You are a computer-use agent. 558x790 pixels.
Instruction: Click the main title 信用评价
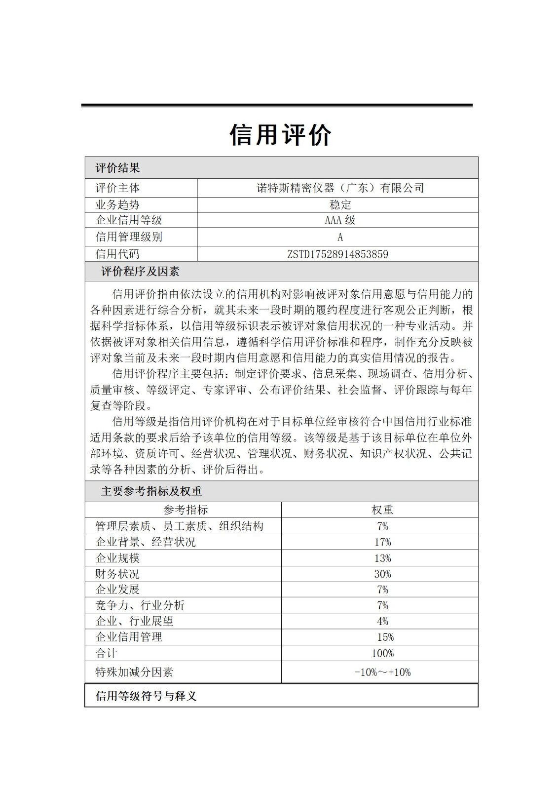pos(280,134)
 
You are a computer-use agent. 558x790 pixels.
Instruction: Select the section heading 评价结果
pos(117,168)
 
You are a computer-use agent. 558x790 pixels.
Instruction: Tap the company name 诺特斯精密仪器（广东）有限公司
pos(340,188)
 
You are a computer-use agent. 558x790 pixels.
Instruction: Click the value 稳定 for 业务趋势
pos(340,205)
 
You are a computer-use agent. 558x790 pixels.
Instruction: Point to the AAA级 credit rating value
pos(340,220)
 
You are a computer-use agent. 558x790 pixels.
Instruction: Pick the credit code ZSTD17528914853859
pos(337,254)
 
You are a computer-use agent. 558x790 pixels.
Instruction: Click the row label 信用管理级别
pos(129,237)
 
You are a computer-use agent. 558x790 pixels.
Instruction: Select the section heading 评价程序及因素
pos(140,272)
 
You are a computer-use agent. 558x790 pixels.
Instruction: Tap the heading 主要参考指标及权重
pos(151,491)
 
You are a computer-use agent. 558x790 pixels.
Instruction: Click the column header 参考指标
pos(186,510)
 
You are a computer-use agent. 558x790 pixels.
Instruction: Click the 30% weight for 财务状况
pos(382,574)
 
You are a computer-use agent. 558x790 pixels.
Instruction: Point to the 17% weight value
pos(382,542)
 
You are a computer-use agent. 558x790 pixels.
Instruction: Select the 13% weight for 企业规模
pos(382,558)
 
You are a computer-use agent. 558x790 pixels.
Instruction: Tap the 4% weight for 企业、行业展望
pos(382,622)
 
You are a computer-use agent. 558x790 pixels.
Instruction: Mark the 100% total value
pos(382,654)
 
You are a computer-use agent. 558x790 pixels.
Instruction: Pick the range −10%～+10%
pos(382,672)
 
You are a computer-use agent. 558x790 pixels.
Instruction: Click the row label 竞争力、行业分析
pos(140,605)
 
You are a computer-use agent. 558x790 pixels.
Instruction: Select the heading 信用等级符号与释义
pos(146,696)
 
